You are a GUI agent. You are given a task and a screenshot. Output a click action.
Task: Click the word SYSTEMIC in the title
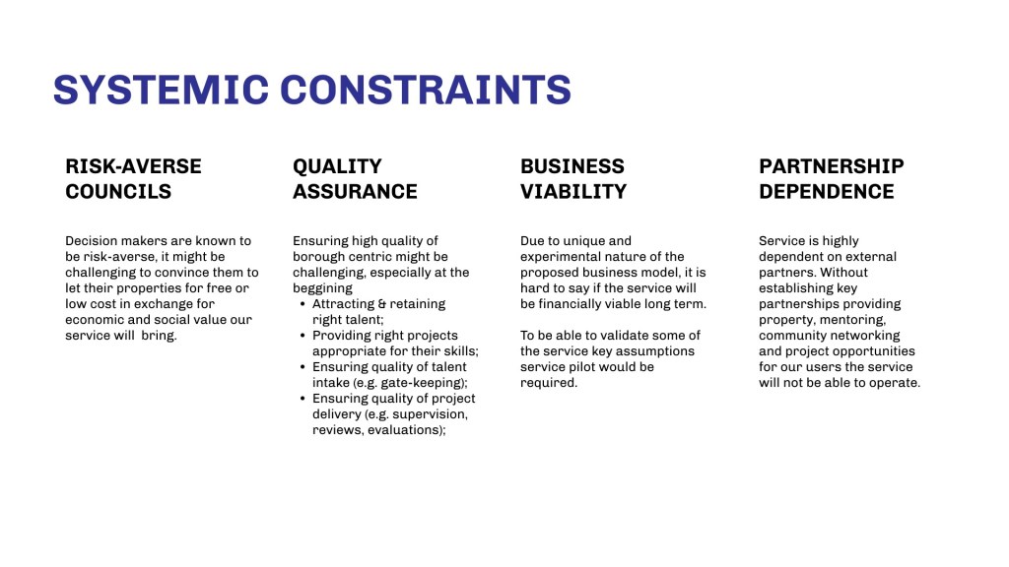[161, 90]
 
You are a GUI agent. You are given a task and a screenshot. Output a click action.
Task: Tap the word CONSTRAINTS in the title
[426, 90]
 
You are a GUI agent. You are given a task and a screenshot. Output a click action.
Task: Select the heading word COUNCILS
[118, 192]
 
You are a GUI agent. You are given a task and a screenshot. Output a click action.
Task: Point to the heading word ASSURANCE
[355, 192]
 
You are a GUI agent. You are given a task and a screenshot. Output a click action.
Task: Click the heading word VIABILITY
[573, 192]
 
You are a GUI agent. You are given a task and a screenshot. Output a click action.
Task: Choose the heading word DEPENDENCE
[827, 192]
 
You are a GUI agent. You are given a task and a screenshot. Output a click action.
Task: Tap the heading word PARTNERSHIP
[832, 166]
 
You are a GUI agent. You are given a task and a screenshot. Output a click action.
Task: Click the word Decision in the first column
[92, 241]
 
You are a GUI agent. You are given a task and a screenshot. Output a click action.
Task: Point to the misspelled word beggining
[323, 288]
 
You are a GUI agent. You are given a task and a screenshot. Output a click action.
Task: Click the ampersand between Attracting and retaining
[381, 304]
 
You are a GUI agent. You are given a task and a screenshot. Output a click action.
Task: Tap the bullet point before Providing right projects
[303, 336]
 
